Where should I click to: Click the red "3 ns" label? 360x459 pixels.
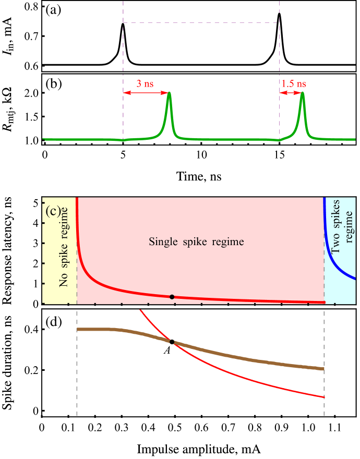145,83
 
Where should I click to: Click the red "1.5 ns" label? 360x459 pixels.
294,83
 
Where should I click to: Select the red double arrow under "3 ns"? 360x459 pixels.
146,93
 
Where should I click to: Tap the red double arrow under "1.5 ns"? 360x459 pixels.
291,93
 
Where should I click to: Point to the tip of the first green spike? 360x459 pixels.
169,93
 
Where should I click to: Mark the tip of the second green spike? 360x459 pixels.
302,93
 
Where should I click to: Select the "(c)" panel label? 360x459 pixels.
55,211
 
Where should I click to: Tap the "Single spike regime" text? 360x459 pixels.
196,242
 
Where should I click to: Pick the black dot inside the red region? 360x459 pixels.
172,297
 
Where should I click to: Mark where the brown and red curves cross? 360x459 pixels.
172,342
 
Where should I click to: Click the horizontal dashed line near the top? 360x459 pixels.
201,22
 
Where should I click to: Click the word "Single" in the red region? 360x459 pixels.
161,242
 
